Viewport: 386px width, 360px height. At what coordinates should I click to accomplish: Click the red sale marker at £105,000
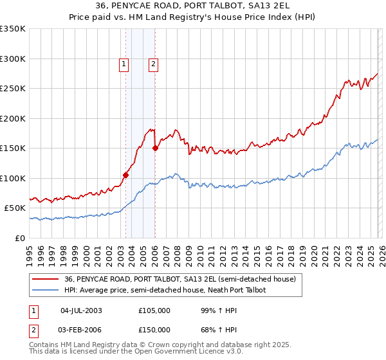point(126,175)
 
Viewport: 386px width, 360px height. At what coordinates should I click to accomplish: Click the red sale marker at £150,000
point(155,148)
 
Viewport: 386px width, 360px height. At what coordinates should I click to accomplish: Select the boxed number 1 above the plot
point(123,64)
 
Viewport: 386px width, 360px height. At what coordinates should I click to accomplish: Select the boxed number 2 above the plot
point(154,64)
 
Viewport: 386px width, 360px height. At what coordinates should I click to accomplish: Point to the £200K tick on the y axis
point(13,118)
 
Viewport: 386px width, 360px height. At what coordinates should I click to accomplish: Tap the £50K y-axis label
point(15,208)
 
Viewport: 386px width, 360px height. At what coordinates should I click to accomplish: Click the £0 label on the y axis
point(19,238)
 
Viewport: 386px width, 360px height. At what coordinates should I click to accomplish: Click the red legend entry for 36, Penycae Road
point(179,280)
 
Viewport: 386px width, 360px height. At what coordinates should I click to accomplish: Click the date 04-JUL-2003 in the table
point(81,310)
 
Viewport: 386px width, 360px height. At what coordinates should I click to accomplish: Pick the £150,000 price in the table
point(154,329)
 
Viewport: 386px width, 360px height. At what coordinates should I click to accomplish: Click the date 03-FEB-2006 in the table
point(81,329)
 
